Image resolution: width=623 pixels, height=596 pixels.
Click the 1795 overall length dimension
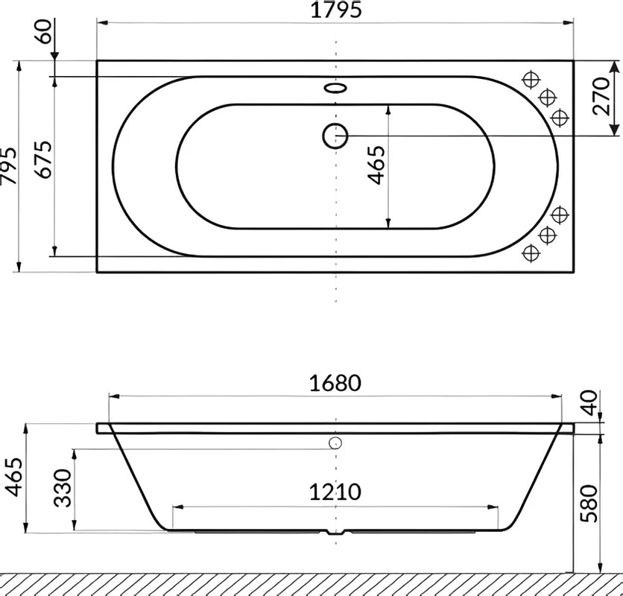(336, 10)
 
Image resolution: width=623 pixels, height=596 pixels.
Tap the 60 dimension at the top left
(43, 31)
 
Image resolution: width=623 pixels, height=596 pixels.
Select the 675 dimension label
(43, 159)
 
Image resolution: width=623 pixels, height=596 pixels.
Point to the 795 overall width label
(8, 166)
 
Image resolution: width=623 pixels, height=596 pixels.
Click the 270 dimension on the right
(601, 97)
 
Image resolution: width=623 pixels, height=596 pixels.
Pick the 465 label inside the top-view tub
(376, 165)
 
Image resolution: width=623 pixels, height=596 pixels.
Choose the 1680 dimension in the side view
(335, 383)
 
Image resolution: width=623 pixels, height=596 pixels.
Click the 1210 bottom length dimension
(335, 492)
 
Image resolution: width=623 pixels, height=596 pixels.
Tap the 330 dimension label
(63, 488)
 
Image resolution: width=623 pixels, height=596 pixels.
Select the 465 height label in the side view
(14, 477)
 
